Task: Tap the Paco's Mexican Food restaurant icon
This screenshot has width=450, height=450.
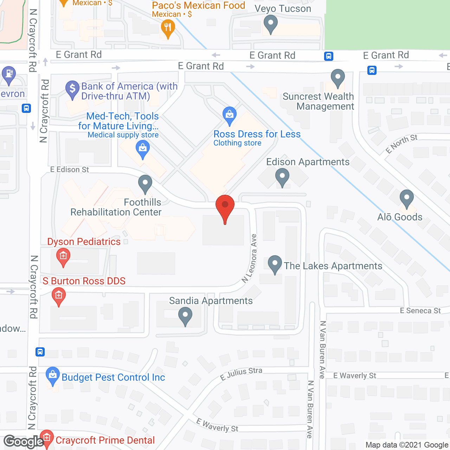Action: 168,27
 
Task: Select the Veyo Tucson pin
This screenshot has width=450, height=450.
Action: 271,24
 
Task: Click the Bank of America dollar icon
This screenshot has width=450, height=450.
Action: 72,89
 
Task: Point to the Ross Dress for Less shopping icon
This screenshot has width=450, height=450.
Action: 230,115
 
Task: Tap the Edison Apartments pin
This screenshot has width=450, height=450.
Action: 282,176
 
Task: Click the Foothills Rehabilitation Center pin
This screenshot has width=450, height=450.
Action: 145,183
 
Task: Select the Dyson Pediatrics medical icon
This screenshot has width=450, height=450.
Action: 63,257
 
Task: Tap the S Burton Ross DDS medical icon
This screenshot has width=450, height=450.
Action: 59,296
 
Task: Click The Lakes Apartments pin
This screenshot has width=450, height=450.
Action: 275,264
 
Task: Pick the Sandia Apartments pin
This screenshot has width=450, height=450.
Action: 185,316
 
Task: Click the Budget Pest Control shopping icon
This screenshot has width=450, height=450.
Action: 53,375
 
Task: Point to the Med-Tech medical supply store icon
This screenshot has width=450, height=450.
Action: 143,149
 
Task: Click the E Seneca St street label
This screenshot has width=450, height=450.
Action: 420,310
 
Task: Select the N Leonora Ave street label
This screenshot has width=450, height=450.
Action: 250,258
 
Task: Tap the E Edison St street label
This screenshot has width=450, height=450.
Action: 70,169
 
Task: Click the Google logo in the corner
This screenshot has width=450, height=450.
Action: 24,442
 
